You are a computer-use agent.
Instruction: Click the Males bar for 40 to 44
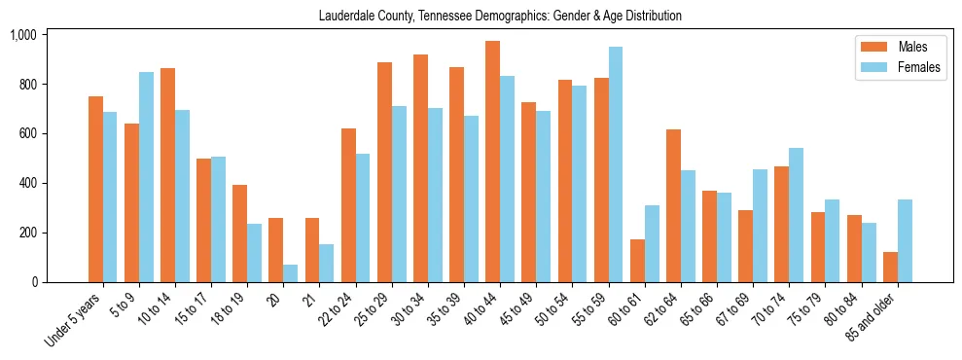pyautogui.click(x=493, y=162)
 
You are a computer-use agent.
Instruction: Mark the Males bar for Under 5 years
pyautogui.click(x=95, y=190)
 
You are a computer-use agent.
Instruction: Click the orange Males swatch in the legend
pyautogui.click(x=870, y=47)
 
